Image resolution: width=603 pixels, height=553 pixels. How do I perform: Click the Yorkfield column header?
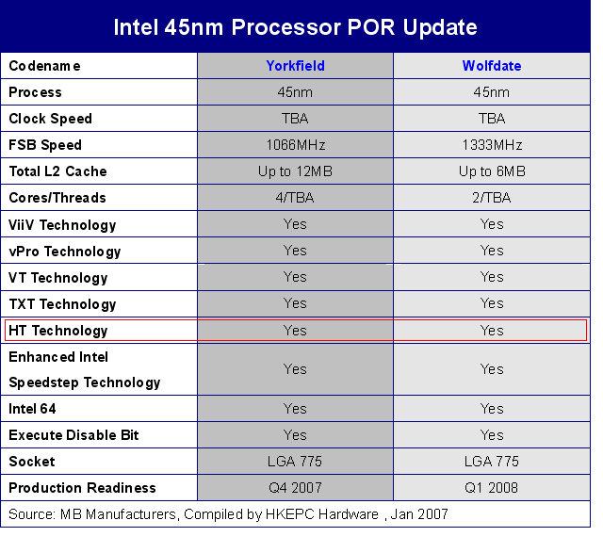point(295,66)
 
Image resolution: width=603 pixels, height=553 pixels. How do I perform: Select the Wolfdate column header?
point(492,66)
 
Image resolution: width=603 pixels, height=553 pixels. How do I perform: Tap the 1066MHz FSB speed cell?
point(296,145)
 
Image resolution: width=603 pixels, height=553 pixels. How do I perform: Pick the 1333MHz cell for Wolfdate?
point(492,145)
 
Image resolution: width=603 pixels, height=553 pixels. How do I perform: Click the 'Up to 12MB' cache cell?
point(295,171)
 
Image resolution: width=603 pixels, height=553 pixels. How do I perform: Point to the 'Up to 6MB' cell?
point(492,171)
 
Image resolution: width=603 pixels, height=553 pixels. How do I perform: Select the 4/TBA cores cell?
point(295,198)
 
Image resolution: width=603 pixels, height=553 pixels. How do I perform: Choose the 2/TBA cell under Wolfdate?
point(492,198)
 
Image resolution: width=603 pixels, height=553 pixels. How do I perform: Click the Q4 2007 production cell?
point(295,488)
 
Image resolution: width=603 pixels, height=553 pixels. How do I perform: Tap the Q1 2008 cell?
point(492,488)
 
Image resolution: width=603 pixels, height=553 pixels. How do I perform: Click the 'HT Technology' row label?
point(58,331)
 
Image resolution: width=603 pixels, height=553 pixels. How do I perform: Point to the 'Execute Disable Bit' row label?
point(73,435)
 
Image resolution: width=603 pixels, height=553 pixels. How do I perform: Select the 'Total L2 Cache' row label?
point(57,171)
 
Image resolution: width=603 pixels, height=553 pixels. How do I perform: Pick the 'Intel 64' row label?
point(32,409)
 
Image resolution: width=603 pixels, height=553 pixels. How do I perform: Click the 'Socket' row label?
point(32,461)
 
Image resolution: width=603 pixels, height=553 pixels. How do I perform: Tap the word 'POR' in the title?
point(370,27)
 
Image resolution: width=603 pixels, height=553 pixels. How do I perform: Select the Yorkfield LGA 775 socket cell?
point(295,461)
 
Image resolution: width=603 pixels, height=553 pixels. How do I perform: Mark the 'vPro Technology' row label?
point(65,252)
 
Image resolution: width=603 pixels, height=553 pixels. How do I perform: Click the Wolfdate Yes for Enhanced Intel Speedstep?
point(492,369)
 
